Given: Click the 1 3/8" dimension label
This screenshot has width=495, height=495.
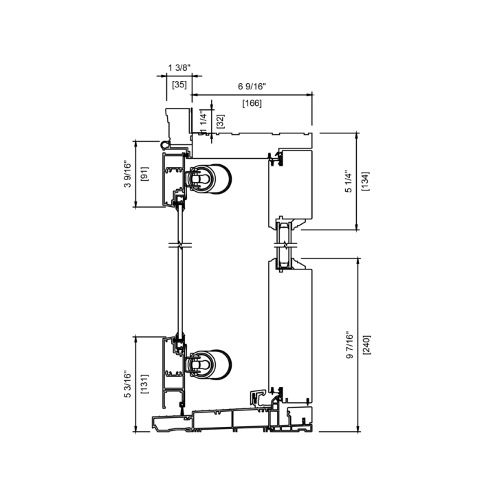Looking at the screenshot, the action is tap(179, 68).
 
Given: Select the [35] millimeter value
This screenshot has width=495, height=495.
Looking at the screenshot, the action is tap(179, 85).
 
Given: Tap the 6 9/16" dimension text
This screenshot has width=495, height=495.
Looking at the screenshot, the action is tap(252, 87).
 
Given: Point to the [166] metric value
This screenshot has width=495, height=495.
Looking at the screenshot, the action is tap(252, 103).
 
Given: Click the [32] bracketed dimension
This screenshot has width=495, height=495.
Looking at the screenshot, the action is tap(221, 121).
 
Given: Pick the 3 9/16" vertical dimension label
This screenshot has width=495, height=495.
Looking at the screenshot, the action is tap(127, 175).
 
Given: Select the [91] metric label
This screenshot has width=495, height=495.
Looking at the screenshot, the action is tap(144, 174).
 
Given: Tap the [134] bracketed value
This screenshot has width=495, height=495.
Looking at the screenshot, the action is tap(365, 181).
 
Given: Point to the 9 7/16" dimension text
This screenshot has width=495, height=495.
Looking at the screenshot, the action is tap(350, 345).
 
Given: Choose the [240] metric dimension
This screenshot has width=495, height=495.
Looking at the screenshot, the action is tap(367, 344).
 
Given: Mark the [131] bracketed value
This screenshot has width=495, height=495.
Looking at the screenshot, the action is tap(144, 384).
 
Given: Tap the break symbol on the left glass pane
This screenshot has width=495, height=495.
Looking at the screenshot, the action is tap(180, 245).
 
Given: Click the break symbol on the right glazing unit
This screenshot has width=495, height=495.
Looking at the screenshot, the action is tap(286, 245).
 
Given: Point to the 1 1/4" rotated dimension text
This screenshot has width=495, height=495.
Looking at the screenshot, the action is tap(203, 121).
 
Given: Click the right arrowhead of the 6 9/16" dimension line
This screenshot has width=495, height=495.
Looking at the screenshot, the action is tap(310, 94).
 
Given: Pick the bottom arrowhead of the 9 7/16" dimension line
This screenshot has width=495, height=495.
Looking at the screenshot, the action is tap(357, 429).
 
